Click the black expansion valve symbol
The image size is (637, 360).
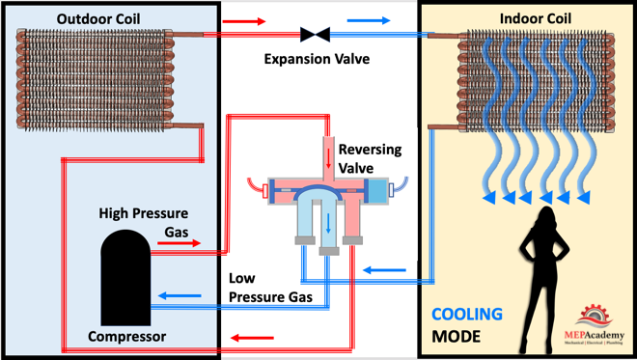[315, 35]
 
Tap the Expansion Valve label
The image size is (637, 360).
[317, 59]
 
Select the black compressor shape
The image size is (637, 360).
[125, 278]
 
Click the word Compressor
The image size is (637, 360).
[126, 337]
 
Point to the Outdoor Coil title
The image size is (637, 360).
[98, 18]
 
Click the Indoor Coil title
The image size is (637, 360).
[535, 18]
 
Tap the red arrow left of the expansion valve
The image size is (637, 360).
[244, 21]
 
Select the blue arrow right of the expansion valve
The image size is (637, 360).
[369, 20]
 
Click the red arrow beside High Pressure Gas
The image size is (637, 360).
[180, 243]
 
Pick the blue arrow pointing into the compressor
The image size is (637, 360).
[180, 295]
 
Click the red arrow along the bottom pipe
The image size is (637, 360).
[252, 338]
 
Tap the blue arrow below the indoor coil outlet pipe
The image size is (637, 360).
[384, 270]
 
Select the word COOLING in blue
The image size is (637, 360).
[467, 314]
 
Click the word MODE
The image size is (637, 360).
[456, 337]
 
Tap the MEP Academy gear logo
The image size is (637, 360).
[595, 316]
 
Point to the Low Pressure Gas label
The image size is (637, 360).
[270, 288]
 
